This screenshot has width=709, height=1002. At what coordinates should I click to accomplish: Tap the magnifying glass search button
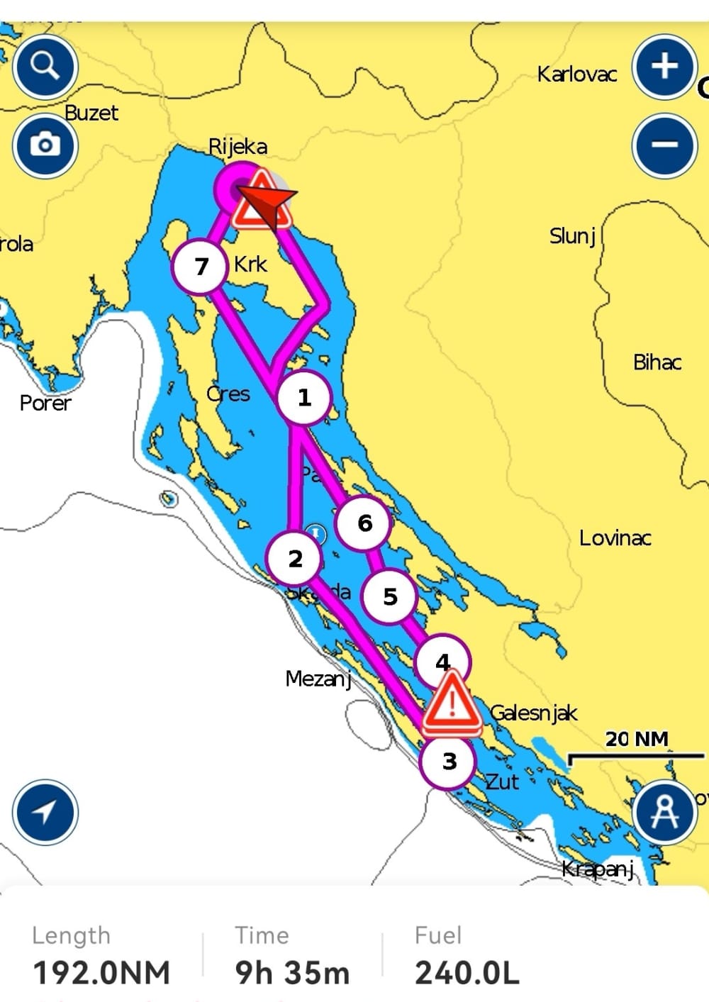click(45, 67)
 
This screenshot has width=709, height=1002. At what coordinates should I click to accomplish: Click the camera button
click(45, 145)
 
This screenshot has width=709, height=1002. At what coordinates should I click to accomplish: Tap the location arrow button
click(45, 812)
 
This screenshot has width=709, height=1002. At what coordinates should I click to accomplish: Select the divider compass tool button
click(664, 812)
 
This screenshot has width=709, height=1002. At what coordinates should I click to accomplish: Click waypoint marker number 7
click(201, 267)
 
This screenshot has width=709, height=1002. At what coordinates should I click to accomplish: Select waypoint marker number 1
click(304, 398)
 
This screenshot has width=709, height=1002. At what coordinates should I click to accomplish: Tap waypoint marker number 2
click(295, 559)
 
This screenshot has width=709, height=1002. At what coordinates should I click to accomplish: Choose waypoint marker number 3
click(449, 762)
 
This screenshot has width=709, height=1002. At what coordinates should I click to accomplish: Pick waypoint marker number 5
click(389, 597)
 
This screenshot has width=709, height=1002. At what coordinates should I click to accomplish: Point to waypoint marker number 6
click(364, 523)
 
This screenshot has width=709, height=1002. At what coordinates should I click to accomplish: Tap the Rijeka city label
click(238, 147)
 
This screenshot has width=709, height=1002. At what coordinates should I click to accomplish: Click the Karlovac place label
click(576, 74)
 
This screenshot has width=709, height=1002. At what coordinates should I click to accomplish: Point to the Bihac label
click(657, 362)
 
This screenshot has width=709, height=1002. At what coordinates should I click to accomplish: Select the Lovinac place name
click(615, 538)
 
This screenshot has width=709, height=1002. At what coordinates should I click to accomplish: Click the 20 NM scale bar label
click(636, 739)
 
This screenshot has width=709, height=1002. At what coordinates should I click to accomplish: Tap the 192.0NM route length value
click(101, 972)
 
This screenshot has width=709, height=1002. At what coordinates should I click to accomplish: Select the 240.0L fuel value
click(467, 972)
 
